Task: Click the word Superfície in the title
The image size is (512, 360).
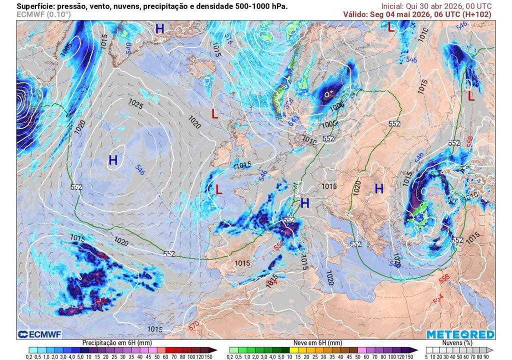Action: tap(36, 6)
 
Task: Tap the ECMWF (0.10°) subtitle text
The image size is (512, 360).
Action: tap(43, 14)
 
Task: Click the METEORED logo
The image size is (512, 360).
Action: tap(460, 334)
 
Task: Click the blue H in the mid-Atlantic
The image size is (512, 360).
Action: tap(113, 160)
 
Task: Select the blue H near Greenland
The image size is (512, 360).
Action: tap(159, 29)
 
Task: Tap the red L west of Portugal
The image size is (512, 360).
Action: tap(218, 189)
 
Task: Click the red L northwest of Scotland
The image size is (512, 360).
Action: tap(214, 114)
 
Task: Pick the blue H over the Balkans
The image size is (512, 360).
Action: tap(379, 189)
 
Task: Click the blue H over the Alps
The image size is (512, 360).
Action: tap(304, 203)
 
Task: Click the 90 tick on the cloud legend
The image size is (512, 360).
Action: tap(492, 356)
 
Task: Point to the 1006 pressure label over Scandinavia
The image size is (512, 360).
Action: tap(337, 105)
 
